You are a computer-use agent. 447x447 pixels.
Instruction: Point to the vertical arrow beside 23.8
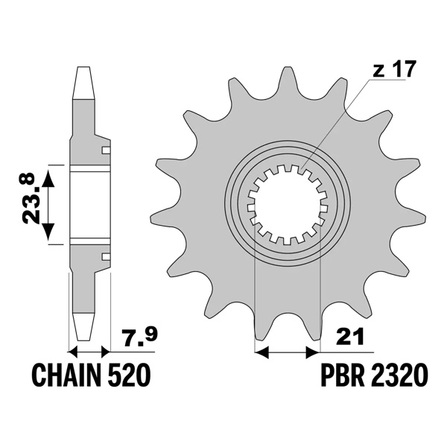49,205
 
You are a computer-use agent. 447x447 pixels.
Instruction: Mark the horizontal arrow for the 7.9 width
89,349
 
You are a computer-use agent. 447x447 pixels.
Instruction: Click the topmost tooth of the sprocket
287,78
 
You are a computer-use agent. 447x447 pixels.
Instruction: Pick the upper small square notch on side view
106,151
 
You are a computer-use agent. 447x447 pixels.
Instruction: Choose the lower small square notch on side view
106,257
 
